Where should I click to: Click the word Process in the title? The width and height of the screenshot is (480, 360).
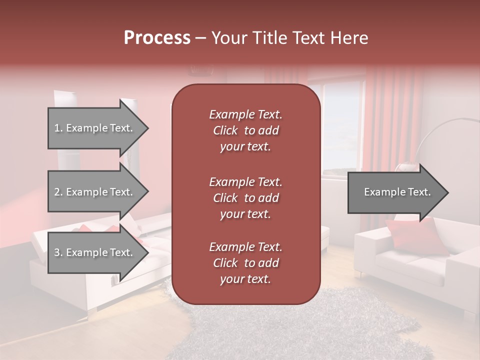157,38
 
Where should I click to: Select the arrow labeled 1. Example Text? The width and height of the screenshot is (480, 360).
93,128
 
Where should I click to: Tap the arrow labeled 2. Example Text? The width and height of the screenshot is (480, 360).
93,192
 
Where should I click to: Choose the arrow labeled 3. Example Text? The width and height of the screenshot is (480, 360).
93,252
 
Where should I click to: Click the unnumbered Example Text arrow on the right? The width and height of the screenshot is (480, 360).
397,192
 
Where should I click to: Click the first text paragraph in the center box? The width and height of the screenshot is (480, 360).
245,130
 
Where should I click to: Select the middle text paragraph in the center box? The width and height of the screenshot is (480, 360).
245,197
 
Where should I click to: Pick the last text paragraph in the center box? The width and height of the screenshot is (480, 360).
245,263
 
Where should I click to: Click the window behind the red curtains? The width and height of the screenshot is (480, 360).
342,125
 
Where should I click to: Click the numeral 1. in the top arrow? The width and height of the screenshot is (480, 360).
58,128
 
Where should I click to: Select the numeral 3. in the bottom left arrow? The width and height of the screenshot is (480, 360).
58,252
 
